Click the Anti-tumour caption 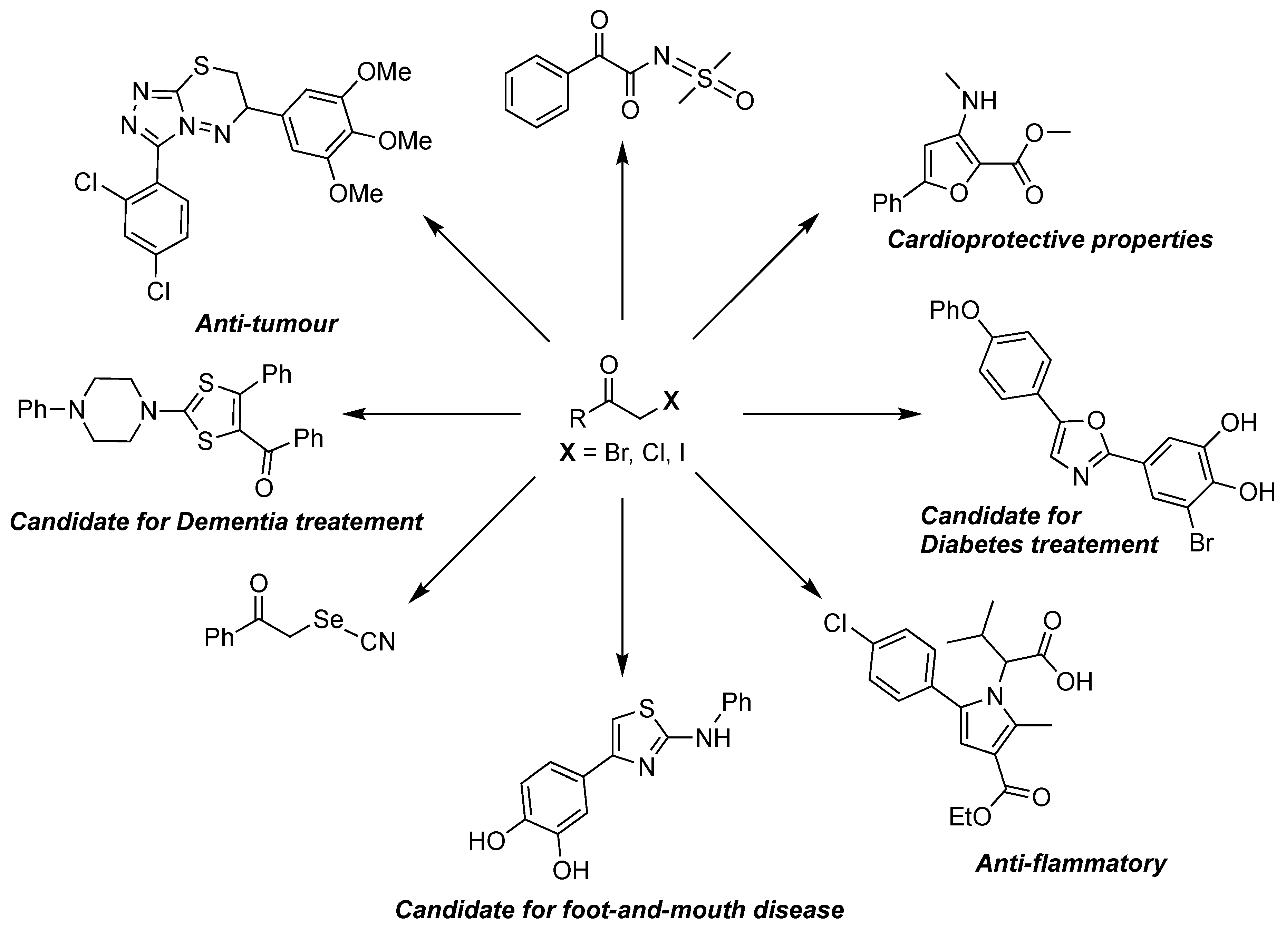click(267, 324)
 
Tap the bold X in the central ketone click(671, 401)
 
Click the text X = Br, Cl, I click(622, 453)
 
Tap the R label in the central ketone click(577, 420)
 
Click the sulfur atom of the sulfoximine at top click(704, 80)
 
